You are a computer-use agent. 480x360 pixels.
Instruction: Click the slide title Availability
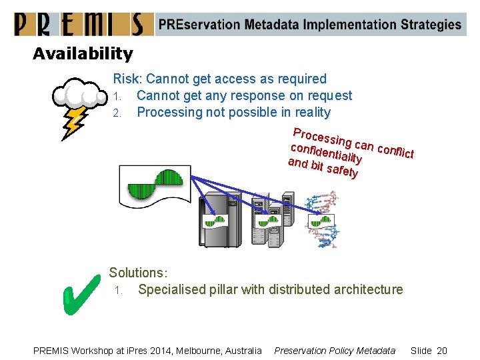tap(83, 53)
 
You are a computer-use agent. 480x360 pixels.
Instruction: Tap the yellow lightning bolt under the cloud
tap(73, 123)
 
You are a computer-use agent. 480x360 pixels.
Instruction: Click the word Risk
tap(127, 79)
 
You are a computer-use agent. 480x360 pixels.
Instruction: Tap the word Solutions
tap(138, 273)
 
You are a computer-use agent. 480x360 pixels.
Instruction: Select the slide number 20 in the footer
tap(441, 351)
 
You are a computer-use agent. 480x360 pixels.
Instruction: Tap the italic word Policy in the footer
tap(337, 351)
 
